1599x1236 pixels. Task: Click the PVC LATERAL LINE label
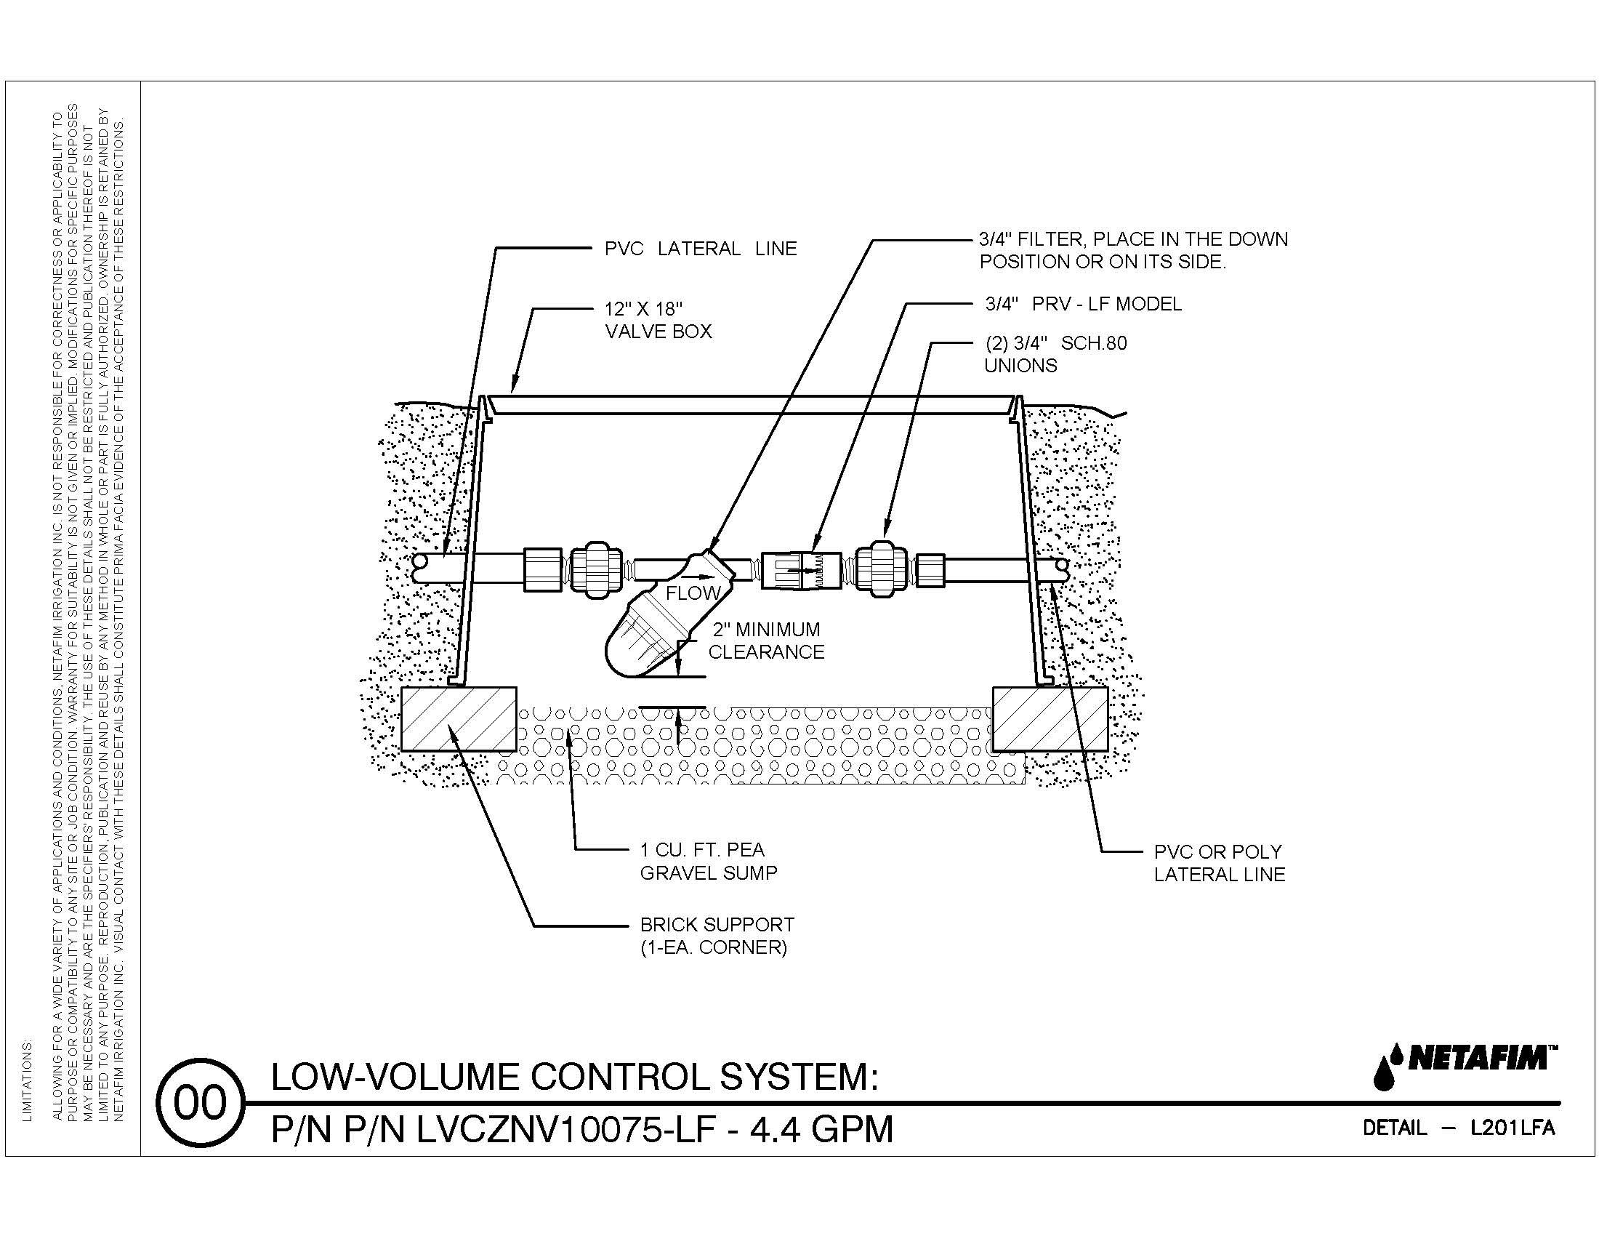coord(700,249)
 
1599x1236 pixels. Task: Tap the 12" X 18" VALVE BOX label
coord(658,320)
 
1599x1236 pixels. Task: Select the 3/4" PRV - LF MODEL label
coord(1083,304)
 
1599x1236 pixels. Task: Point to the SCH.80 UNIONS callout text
coord(1055,354)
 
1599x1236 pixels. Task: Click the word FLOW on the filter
coord(693,593)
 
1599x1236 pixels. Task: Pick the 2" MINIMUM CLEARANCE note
coord(766,641)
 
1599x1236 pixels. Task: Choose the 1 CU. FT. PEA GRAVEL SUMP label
coord(708,861)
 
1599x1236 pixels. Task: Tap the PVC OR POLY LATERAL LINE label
coord(1219,862)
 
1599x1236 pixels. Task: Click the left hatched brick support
coord(459,719)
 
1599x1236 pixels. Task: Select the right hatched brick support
coord(1049,719)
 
